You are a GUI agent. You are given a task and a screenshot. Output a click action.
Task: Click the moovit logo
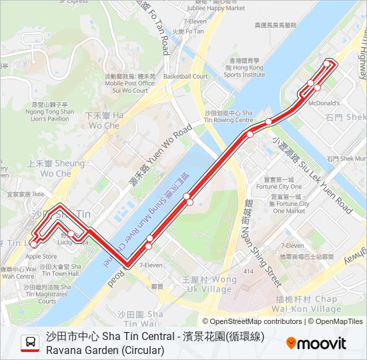coord(316,343)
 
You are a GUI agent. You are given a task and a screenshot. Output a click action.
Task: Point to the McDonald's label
coord(324,103)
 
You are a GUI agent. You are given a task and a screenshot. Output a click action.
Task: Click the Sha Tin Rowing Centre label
coord(229,117)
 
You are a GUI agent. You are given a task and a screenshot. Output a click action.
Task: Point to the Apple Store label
coord(41,256)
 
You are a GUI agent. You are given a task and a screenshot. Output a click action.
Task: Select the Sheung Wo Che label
coord(56,169)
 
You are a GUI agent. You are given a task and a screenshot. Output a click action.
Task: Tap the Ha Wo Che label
coord(103,121)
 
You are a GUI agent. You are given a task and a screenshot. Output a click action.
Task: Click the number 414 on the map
coord(250,271)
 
